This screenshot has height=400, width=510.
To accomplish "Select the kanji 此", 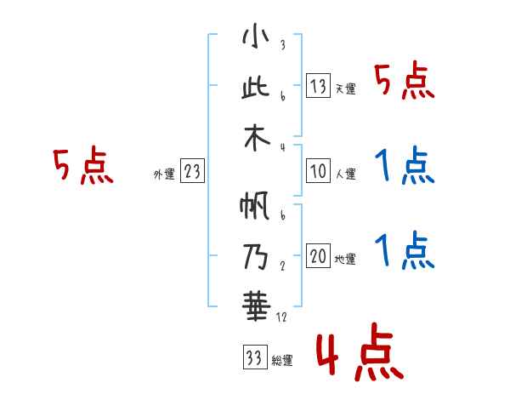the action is click(x=255, y=88).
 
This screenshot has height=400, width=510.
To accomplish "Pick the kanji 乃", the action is click(x=255, y=255).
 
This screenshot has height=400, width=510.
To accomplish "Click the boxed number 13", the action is click(x=318, y=85).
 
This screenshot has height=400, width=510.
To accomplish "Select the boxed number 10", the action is click(x=318, y=171).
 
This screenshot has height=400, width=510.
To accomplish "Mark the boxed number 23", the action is click(x=192, y=172).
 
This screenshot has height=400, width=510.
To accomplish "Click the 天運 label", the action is click(x=345, y=89).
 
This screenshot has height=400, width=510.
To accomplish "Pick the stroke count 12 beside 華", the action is click(x=282, y=316).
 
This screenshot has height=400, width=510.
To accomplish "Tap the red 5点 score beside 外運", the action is click(x=82, y=165).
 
